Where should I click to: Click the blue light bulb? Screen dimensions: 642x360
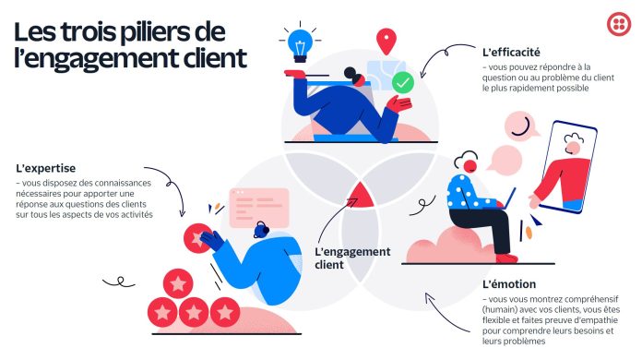tap(300, 45)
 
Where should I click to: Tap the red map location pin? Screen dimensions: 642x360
tap(386, 41)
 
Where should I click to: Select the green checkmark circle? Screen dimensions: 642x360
tap(403, 83)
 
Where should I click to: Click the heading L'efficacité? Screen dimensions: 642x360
tap(511, 53)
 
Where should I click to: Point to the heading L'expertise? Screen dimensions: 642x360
tap(46, 168)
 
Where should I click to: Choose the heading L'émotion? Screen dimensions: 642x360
tap(509, 284)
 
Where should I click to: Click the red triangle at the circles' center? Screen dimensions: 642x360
tap(361, 196)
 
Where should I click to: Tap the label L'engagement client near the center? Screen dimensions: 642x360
tap(352, 258)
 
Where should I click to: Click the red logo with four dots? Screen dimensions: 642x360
tap(619, 24)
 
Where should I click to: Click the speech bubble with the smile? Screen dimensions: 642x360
tap(521, 125)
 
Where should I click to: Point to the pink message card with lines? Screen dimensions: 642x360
tap(259, 208)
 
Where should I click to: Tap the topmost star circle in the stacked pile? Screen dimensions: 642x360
tap(178, 283)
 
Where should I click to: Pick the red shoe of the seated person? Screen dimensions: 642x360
tap(507, 258)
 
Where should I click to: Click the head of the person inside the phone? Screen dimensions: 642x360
tap(573, 144)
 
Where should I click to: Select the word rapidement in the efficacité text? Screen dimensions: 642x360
tap(531, 89)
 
